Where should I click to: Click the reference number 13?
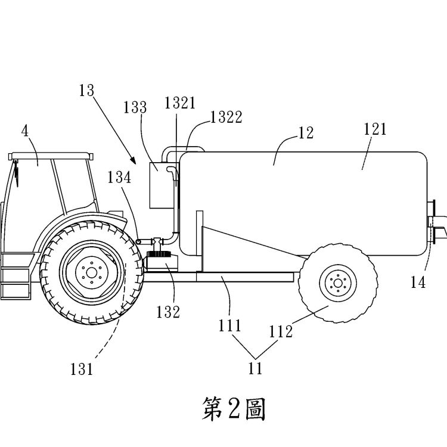tap(86, 91)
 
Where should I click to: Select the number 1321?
tap(180, 103)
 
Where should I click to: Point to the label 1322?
tap(226, 117)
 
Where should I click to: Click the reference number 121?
tap(375, 128)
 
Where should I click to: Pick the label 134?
tap(120, 177)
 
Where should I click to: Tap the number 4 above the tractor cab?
tap(25, 131)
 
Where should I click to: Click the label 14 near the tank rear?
tap(418, 283)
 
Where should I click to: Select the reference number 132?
tap(168, 312)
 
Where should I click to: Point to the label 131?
tap(82, 369)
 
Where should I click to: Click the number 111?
tap(230, 325)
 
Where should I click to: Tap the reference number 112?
tap(281, 332)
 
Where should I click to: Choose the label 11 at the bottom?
tap(255, 368)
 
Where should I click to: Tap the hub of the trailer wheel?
tap(337, 281)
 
